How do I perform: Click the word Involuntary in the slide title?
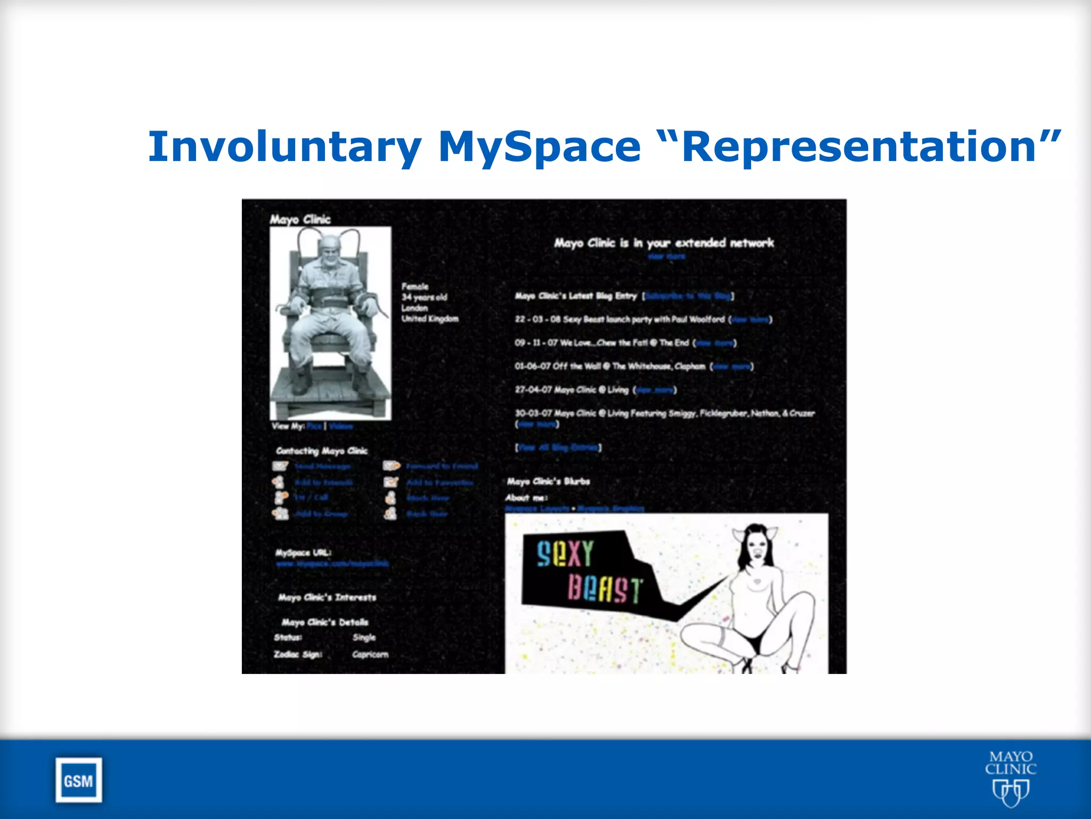[284, 147]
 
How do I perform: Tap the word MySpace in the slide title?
[539, 147]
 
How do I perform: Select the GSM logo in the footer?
[78, 781]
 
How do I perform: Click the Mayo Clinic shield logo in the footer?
[1010, 791]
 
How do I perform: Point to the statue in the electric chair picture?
[330, 320]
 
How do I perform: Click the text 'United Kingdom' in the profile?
[430, 319]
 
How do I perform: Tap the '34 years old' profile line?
[424, 297]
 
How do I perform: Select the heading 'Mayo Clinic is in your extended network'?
[664, 243]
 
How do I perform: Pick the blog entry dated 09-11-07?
[602, 343]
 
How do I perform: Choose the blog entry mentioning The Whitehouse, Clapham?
[610, 366]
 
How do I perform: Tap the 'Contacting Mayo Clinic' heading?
[322, 451]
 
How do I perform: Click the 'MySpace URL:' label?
[303, 552]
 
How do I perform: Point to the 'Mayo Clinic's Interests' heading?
[327, 597]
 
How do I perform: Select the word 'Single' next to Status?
[364, 637]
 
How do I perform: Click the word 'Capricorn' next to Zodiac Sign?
[370, 654]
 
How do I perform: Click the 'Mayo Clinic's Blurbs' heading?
[548, 481]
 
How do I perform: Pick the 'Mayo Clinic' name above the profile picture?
[300, 219]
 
